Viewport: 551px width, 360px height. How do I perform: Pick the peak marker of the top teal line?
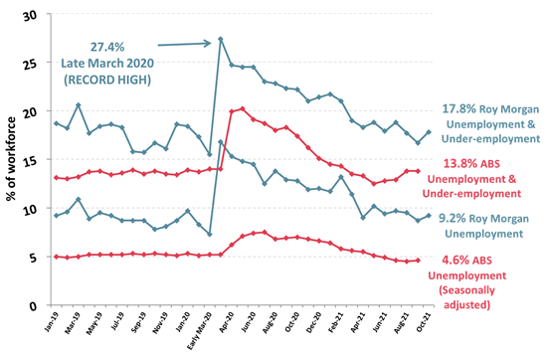[220, 39]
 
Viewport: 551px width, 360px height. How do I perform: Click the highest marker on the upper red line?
[243, 108]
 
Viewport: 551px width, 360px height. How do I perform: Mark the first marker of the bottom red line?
[57, 257]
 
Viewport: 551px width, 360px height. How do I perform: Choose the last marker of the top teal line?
[429, 131]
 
